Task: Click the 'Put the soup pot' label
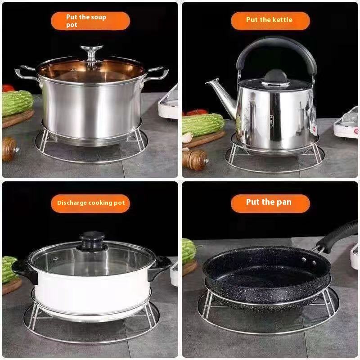pyautogui.click(x=90, y=21)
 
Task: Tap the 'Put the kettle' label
pyautogui.click(x=270, y=20)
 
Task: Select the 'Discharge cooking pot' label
pyautogui.click(x=90, y=203)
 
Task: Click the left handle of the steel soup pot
pyautogui.click(x=25, y=72)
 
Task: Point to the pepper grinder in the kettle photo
pyautogui.click(x=194, y=159)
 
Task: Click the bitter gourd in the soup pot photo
pyautogui.click(x=17, y=103)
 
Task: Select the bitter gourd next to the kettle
pyautogui.click(x=202, y=124)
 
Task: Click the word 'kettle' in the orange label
pyautogui.click(x=282, y=20)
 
